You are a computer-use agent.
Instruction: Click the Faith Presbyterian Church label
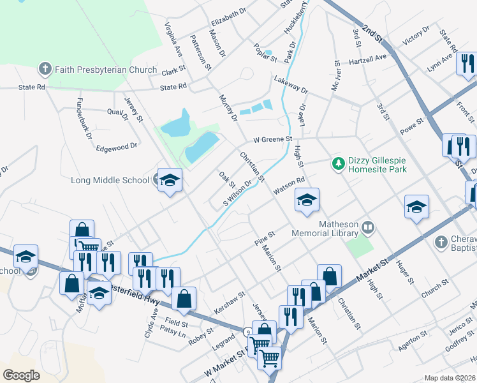click(x=106, y=69)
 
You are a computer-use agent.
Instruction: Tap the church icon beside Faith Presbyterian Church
click(x=45, y=68)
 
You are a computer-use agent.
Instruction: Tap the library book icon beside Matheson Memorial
click(x=367, y=227)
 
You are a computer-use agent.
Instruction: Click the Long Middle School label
click(x=110, y=180)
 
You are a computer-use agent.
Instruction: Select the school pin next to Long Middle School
click(x=170, y=181)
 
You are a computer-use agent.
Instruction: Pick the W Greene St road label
click(x=272, y=139)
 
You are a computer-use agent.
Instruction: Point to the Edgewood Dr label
click(x=117, y=146)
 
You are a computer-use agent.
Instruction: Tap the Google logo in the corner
click(x=21, y=375)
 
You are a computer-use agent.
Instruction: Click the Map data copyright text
click(x=450, y=378)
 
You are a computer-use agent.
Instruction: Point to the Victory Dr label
click(x=416, y=37)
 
